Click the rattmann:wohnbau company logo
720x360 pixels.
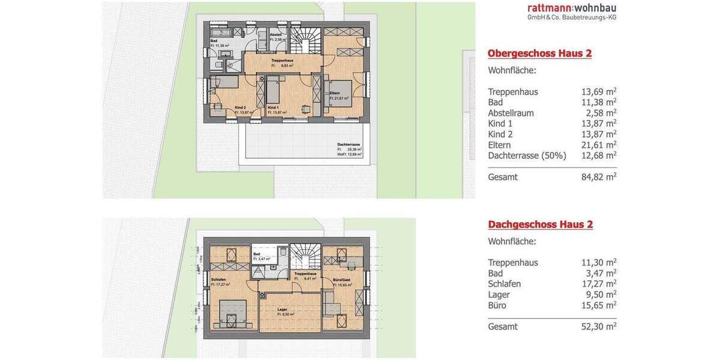(x=571, y=11)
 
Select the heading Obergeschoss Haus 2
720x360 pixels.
(x=539, y=53)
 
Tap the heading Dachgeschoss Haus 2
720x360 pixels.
(x=540, y=224)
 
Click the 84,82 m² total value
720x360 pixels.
(x=599, y=177)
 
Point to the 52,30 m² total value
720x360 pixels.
(x=599, y=326)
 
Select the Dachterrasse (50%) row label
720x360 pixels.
(x=527, y=155)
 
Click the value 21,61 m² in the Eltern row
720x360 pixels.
(x=599, y=145)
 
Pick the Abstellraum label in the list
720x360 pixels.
(x=511, y=113)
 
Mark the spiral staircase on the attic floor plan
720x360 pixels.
(x=305, y=257)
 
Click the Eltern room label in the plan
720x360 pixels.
(x=335, y=93)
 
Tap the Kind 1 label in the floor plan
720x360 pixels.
(x=274, y=107)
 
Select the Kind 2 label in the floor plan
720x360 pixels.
(x=241, y=107)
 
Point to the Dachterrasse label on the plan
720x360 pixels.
(x=349, y=145)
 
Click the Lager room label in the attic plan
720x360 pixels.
(x=282, y=310)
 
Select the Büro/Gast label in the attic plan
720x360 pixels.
(x=341, y=280)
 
